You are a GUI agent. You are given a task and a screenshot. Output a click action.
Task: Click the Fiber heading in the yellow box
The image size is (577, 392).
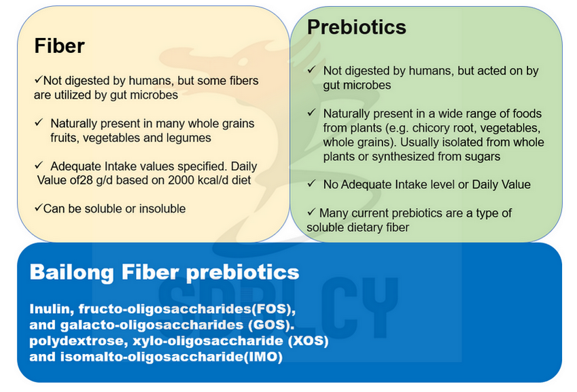pos(59,46)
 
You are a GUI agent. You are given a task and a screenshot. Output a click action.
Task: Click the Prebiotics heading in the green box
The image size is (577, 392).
pos(357,27)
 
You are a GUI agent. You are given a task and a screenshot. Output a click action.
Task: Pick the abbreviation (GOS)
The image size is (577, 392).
pos(271,325)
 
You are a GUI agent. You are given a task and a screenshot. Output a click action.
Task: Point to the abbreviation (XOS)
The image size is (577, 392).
pos(308,341)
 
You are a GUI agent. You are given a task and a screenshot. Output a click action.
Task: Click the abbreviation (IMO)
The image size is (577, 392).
pos(263,357)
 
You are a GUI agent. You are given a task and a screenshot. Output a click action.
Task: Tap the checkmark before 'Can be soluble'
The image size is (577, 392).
pos(38,208)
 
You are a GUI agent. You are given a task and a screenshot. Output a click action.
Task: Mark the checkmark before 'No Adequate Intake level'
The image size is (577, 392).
pos(312,183)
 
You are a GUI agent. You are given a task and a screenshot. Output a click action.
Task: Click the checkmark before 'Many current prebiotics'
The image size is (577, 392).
pos(312,211)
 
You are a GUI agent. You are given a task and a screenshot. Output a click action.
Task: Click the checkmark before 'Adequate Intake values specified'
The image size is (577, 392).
pos(39,165)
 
